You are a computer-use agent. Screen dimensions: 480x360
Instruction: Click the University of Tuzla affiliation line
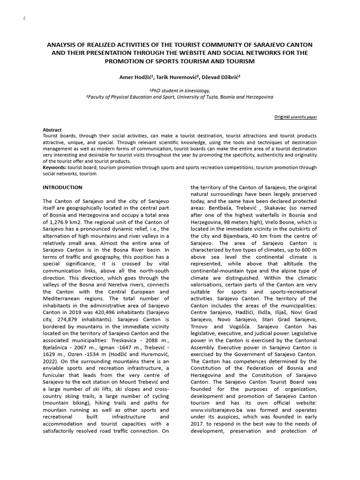pos(180,96)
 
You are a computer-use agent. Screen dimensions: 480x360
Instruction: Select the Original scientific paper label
pos(295,117)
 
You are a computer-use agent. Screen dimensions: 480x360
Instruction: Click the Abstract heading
pos(52,130)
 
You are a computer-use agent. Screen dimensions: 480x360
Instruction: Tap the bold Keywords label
pos(54,166)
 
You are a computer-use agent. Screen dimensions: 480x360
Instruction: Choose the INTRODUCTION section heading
pos(62,187)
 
